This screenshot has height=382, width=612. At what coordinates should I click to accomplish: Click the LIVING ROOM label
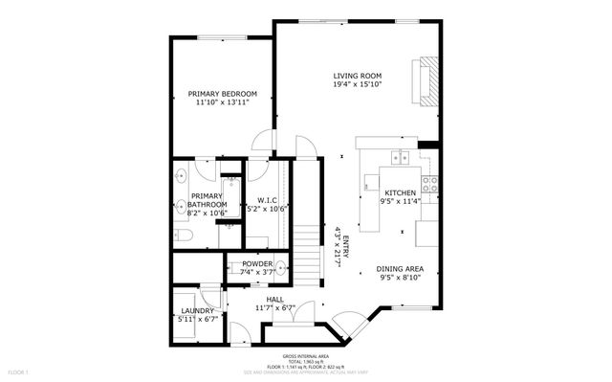pyautogui.click(x=357, y=77)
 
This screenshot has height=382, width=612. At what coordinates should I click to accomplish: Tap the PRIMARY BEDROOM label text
pyautogui.click(x=221, y=93)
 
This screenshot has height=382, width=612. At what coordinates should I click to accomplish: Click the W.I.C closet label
pyautogui.click(x=267, y=199)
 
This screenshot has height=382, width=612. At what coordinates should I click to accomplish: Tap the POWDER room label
pyautogui.click(x=256, y=264)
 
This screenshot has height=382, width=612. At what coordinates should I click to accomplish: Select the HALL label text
pyautogui.click(x=275, y=299)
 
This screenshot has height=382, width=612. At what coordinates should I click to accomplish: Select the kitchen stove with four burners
pyautogui.click(x=429, y=183)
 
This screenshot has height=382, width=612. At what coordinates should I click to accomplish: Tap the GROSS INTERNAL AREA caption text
pyautogui.click(x=305, y=355)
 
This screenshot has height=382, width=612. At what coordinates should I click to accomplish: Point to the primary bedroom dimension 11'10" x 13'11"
pyautogui.click(x=221, y=102)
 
